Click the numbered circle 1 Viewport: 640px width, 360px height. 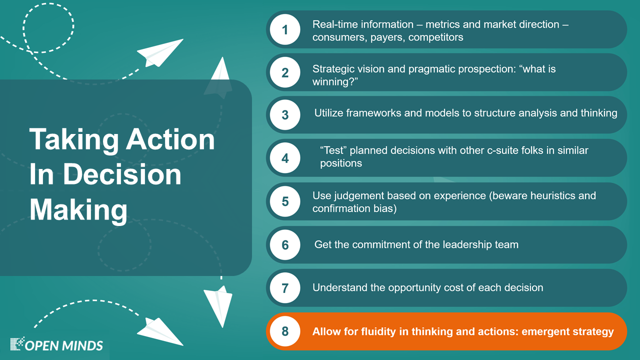coord(285,29)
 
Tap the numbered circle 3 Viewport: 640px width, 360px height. coord(285,115)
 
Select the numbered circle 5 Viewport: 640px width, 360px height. coord(285,201)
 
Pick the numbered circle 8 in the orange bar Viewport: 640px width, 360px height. coord(285,331)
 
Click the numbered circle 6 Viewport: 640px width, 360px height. coord(285,245)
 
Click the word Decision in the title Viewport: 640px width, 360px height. coord(122,174)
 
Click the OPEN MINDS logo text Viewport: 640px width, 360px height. coord(63,345)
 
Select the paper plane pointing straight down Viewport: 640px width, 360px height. coord(218,305)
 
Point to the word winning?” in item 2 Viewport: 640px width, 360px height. coord(335,82)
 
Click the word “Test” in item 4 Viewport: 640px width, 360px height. coord(333,150)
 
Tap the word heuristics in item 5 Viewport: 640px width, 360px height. coord(555,195)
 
